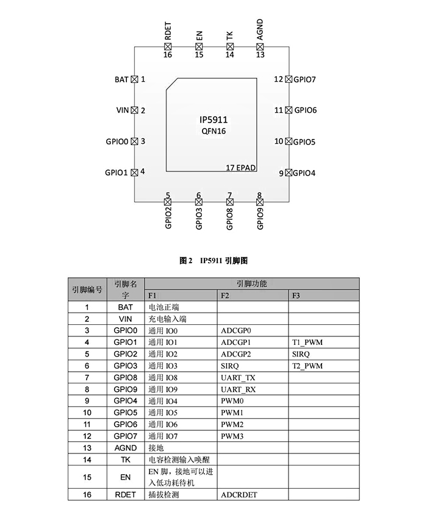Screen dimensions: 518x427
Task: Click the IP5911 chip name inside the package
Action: pos(213,120)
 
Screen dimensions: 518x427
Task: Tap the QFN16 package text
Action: pos(213,131)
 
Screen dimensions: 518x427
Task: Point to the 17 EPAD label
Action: pos(241,166)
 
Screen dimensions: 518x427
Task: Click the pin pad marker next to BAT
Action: pos(134,79)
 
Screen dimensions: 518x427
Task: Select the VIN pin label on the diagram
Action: pos(123,110)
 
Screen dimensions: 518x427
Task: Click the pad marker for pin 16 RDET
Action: pos(168,46)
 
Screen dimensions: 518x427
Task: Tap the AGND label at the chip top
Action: pos(260,29)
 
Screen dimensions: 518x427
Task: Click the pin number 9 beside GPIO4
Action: pos(282,173)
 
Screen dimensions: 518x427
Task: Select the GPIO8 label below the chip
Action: pos(229,219)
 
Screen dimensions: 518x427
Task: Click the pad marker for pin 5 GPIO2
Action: pos(168,202)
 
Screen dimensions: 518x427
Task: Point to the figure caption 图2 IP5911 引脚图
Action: pos(213,260)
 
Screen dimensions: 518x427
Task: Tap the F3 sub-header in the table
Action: pos(296,296)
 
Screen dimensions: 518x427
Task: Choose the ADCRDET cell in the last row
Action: pos(239,494)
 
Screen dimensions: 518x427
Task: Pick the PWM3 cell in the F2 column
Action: pos(232,436)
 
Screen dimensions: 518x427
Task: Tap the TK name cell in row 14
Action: pos(126,459)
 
